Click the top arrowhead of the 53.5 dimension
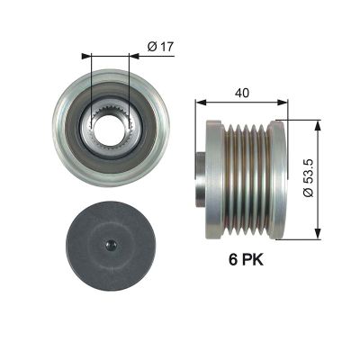(318, 116)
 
